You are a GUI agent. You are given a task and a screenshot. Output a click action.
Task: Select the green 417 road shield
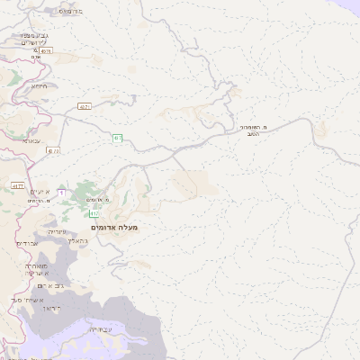94,213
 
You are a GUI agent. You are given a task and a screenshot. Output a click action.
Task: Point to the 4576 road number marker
45,51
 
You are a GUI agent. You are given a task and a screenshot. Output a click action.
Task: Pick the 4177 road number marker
17,185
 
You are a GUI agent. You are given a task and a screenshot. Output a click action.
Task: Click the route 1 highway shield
61,192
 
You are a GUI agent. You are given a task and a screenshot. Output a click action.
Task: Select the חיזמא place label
40,86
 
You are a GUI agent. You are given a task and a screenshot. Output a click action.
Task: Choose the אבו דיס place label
29,243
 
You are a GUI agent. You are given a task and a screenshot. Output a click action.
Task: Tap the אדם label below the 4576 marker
36,58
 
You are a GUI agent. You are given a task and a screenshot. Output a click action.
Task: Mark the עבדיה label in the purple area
101,330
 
